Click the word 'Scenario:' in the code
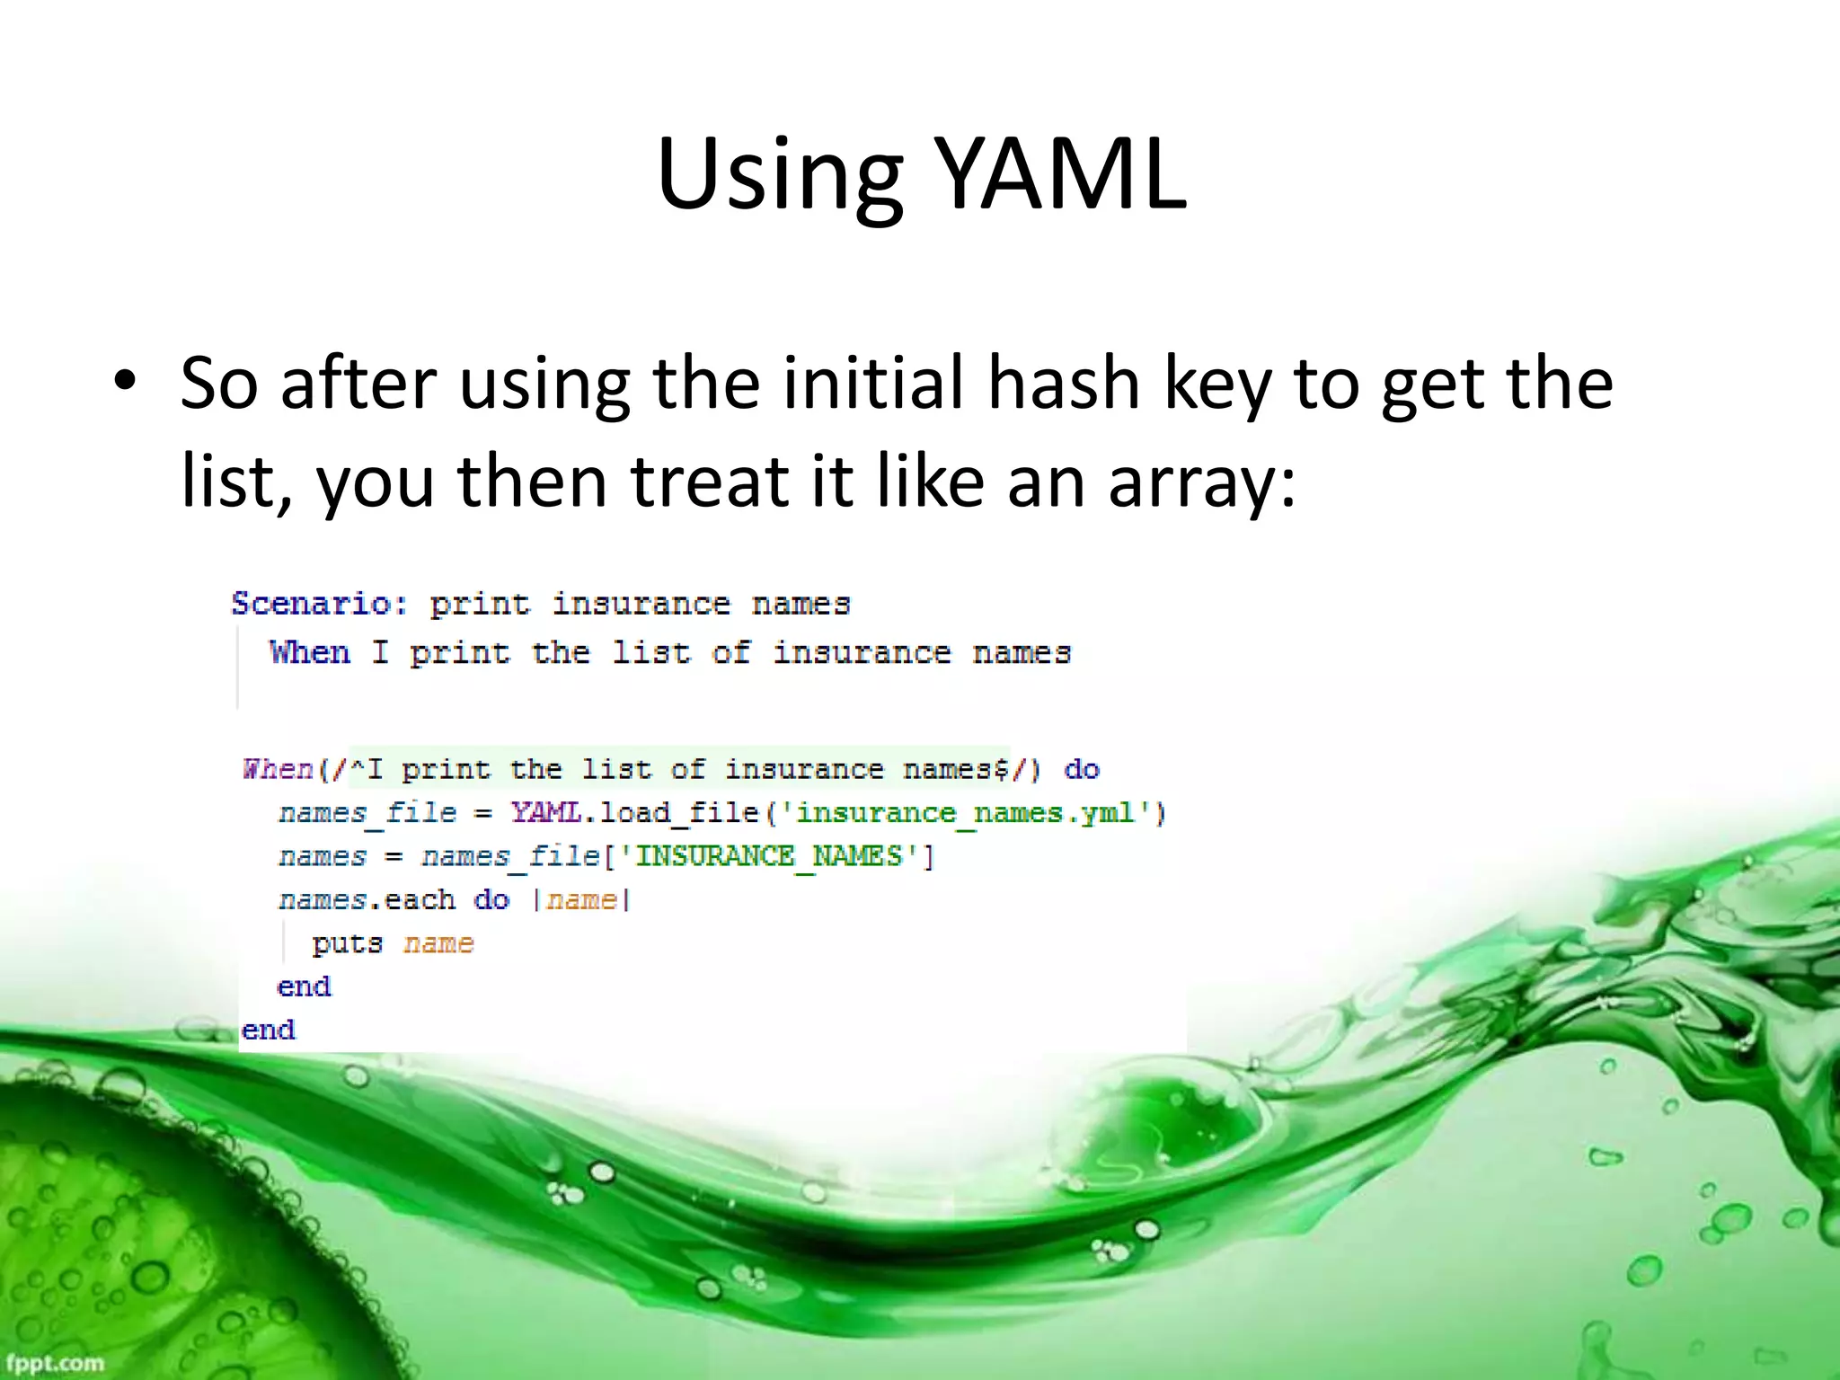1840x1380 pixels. [320, 603]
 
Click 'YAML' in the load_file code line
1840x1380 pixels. [546, 812]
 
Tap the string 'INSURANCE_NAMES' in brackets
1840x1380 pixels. [769, 856]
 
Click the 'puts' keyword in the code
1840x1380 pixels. [347, 943]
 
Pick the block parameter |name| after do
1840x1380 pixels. [582, 899]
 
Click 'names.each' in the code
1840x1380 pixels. [367, 899]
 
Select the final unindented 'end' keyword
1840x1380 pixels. [268, 1030]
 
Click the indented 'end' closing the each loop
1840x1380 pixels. [304, 986]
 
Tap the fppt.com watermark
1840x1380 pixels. [56, 1362]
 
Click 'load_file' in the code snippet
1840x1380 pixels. [679, 812]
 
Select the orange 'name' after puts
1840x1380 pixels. [438, 943]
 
